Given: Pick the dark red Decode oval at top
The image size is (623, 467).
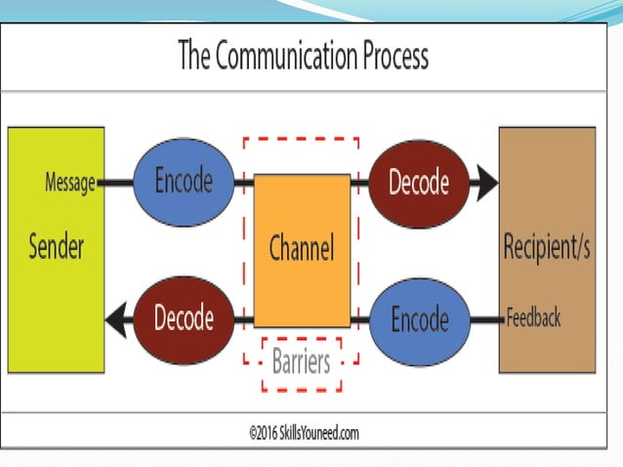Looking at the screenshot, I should [418, 182].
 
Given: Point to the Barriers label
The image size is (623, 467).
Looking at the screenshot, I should [301, 362].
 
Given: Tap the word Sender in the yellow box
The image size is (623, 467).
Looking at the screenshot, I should [56, 247].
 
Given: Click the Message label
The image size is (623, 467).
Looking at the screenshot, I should [70, 183].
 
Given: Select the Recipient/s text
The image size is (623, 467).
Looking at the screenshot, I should [546, 248].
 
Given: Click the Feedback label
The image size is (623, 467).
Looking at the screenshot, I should [533, 318].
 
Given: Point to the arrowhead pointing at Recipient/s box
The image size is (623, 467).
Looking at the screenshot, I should [485, 183].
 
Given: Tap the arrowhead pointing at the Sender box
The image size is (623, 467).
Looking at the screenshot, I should [119, 318].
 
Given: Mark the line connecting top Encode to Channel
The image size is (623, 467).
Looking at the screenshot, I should [245, 183].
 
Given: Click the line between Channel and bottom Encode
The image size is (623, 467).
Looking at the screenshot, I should [361, 318].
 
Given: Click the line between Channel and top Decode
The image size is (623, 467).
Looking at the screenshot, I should [359, 183].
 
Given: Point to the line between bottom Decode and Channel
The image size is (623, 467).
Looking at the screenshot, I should [245, 318].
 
